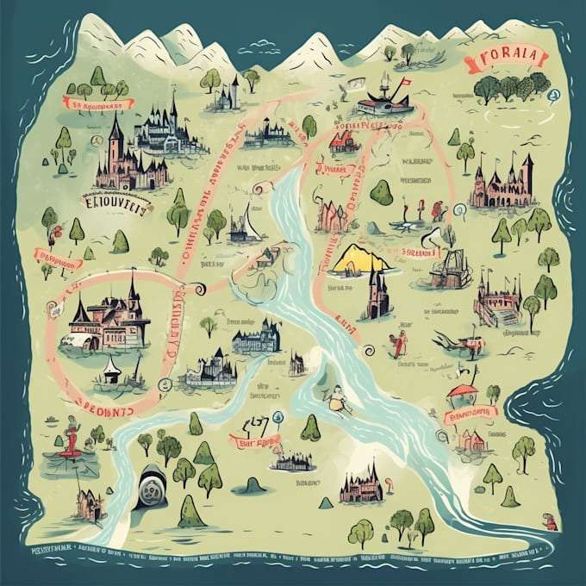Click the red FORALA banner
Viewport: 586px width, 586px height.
(x=505, y=59)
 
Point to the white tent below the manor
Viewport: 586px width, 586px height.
(x=110, y=369)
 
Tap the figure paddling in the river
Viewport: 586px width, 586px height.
(x=334, y=397)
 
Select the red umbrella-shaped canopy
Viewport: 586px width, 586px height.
(x=462, y=392)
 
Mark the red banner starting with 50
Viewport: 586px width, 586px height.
(x=97, y=103)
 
